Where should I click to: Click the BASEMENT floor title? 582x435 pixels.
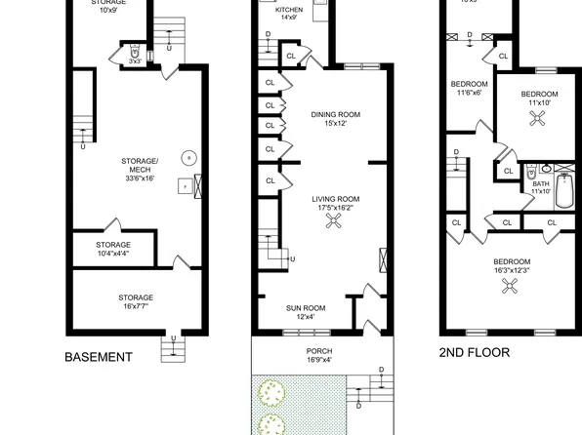click(x=98, y=357)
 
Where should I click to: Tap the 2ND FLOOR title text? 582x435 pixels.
click(x=474, y=352)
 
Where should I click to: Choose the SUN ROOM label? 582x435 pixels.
click(x=306, y=307)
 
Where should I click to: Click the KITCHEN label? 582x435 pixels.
click(x=288, y=9)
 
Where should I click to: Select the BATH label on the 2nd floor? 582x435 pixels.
click(x=540, y=182)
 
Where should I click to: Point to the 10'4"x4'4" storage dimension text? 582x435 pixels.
click(x=113, y=254)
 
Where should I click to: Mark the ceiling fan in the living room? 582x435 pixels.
click(x=333, y=222)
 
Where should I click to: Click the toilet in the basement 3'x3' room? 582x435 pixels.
click(x=135, y=50)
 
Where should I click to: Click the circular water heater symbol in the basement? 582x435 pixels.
click(x=188, y=156)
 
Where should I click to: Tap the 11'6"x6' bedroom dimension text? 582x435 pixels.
click(x=469, y=93)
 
